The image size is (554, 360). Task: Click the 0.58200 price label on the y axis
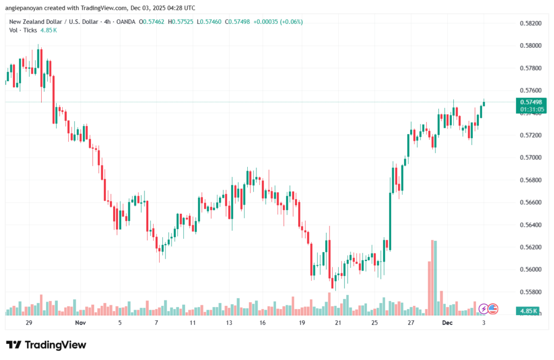pos(530,23)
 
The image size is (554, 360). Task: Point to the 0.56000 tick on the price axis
pos(530,269)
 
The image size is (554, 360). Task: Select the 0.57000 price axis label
pos(530,158)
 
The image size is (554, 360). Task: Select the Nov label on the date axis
pos(80,323)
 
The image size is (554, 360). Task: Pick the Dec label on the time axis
pos(447,323)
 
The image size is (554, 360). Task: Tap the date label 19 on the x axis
pos(302,323)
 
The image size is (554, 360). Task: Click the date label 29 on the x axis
pos(29,323)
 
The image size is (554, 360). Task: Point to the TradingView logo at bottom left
pos(46,345)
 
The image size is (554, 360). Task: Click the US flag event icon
pos(492,309)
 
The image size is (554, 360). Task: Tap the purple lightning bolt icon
pos(484,309)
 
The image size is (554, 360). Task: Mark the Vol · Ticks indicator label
pos(21,30)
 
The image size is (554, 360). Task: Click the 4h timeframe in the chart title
pos(104,22)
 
